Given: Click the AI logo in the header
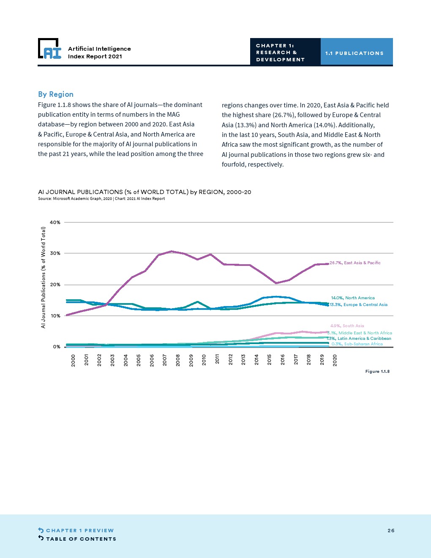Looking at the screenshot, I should coord(50,49).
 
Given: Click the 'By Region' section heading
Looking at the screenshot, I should coord(56,94).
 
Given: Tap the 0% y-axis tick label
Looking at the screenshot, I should coord(57,347).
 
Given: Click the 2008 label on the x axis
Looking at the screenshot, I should coord(178,360).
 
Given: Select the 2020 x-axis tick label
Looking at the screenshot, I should coord(335,360).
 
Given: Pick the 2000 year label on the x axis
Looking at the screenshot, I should coord(73,360).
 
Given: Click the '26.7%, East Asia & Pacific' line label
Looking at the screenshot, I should coord(355,263).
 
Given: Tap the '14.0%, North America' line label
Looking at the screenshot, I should coord(353,298).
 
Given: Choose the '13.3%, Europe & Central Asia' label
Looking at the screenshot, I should coord(358,305).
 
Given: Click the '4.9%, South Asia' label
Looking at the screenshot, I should coord(347,326).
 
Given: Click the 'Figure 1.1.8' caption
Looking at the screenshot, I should coord(377,372).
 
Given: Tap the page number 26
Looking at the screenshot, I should coord(391,531).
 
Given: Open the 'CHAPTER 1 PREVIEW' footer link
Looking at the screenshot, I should coord(80,531).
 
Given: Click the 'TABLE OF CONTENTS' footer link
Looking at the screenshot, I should coord(81,539).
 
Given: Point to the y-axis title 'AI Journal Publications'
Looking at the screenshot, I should coord(43,277).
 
